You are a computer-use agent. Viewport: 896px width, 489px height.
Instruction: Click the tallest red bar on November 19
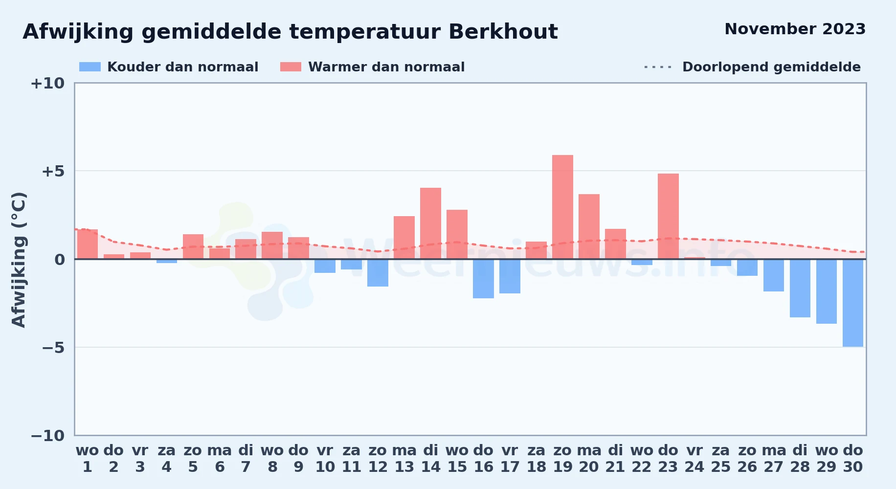562,207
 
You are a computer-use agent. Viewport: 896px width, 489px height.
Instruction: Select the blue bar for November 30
853,303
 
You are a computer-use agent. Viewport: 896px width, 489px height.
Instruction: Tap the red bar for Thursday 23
668,216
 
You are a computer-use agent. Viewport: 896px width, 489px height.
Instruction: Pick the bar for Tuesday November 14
430,223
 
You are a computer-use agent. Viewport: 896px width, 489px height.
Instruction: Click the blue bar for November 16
483,279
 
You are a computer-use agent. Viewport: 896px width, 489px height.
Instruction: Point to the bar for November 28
800,288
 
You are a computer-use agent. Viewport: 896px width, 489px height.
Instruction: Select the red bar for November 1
88,244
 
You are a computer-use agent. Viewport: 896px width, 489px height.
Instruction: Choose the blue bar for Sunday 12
378,273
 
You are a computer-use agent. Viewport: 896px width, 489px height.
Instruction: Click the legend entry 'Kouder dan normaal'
169,67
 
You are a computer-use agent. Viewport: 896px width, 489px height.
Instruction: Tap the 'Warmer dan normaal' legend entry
372,67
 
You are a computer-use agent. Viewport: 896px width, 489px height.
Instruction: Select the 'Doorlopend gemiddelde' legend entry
753,67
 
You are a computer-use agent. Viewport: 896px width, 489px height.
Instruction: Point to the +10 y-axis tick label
47,83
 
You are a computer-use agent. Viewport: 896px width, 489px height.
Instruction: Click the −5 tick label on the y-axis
53,348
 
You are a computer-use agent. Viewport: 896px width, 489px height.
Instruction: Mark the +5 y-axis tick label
53,171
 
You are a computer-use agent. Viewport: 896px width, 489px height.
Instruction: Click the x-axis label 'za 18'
537,459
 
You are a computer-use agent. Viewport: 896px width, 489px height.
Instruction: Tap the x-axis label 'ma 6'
220,459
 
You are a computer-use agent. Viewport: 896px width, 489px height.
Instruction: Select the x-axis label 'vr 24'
694,459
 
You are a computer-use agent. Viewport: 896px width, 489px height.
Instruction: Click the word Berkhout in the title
503,32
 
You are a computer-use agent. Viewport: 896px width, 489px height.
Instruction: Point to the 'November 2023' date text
795,29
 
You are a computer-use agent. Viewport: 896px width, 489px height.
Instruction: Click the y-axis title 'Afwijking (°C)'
19,260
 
